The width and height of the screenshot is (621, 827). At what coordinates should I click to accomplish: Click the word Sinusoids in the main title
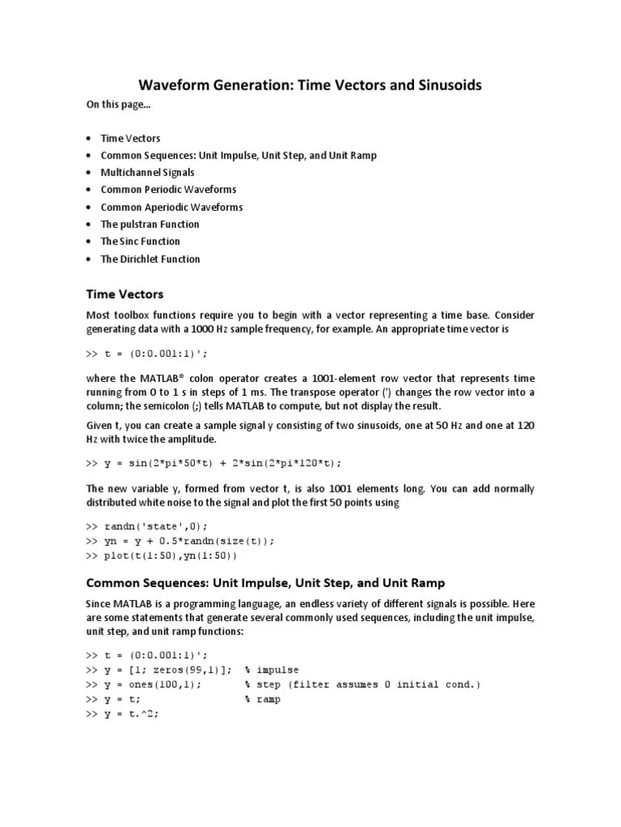coord(446,85)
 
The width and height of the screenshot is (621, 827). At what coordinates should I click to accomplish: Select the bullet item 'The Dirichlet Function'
coord(150,259)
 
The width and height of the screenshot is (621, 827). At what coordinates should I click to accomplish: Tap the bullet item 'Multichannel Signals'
coord(147,172)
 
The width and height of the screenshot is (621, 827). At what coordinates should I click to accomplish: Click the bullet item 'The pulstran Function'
coord(150,225)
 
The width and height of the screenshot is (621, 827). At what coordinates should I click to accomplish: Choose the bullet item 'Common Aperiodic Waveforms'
coord(171,207)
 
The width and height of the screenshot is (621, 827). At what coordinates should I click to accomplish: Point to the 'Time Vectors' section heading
coord(125,294)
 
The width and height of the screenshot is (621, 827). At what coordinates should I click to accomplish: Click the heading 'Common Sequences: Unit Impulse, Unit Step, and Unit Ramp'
coord(265,582)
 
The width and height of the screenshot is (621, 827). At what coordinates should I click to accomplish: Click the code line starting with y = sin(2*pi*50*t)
coord(214,463)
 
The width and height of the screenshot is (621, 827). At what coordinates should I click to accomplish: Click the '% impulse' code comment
coord(272,670)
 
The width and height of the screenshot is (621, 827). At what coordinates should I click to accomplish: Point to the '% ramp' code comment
coord(263,699)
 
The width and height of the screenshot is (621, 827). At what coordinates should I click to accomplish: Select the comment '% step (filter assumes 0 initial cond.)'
coord(362,684)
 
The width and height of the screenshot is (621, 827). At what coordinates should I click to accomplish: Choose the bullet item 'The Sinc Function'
coord(140,241)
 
